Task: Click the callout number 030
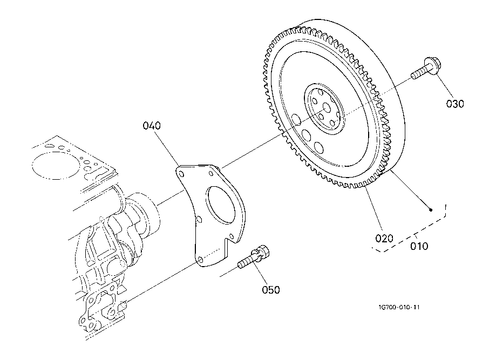pyautogui.click(x=455, y=104)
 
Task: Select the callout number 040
pyautogui.click(x=152, y=126)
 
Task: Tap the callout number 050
pyautogui.click(x=271, y=290)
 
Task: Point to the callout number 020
pyautogui.click(x=384, y=238)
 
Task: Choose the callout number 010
pyautogui.click(x=419, y=246)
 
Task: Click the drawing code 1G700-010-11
pyautogui.click(x=399, y=307)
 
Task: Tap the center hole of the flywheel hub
pyautogui.click(x=327, y=109)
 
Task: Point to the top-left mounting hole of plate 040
pyautogui.click(x=181, y=173)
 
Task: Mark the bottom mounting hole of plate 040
pyautogui.click(x=200, y=260)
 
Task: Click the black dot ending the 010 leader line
pyautogui.click(x=431, y=210)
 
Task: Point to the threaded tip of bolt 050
pyautogui.click(x=241, y=264)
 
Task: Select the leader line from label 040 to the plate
pyautogui.click(x=166, y=148)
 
